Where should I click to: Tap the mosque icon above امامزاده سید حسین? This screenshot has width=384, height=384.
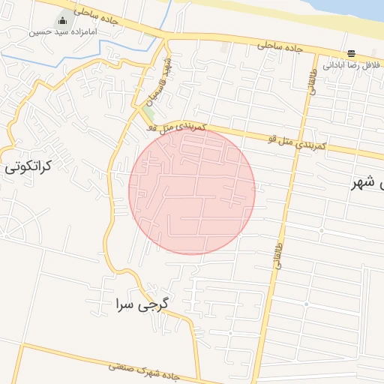[61, 19]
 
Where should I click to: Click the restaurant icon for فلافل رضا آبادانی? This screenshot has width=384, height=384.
[352, 53]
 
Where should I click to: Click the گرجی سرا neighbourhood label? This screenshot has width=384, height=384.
[144, 305]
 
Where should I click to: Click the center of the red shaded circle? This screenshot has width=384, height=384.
[192, 191]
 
